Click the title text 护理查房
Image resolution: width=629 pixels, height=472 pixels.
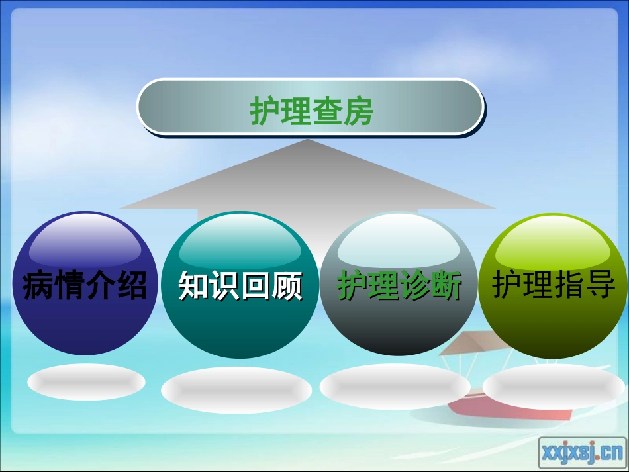[312, 111]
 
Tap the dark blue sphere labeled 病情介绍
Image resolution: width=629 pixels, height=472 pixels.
[85, 318]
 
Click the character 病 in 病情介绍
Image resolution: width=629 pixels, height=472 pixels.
[38, 286]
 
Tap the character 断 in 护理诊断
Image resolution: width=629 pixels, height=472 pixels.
[446, 287]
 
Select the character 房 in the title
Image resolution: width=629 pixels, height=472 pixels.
[358, 111]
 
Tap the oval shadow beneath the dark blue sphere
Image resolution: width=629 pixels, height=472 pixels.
[86, 382]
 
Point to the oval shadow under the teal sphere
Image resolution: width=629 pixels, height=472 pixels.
[236, 390]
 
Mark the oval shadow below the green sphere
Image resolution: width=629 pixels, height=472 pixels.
[554, 386]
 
